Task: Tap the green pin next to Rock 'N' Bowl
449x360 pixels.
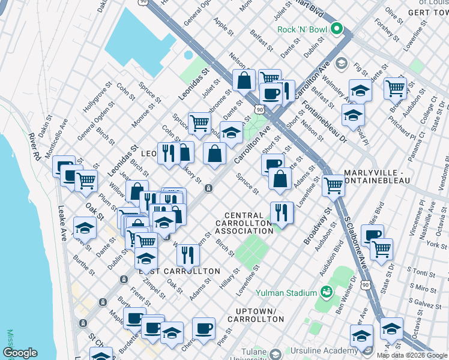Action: tap(337, 29)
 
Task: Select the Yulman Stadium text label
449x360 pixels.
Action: tap(286, 293)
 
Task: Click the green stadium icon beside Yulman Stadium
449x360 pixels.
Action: tap(327, 293)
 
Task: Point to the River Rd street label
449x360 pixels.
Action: tap(37, 147)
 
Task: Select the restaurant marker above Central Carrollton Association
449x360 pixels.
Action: tap(280, 212)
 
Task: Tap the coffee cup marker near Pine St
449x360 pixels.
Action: tap(204, 328)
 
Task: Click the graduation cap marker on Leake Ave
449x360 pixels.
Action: tap(85, 227)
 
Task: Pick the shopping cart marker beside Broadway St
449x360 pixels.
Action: tap(333, 185)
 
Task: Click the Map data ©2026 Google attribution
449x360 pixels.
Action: tap(412, 355)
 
